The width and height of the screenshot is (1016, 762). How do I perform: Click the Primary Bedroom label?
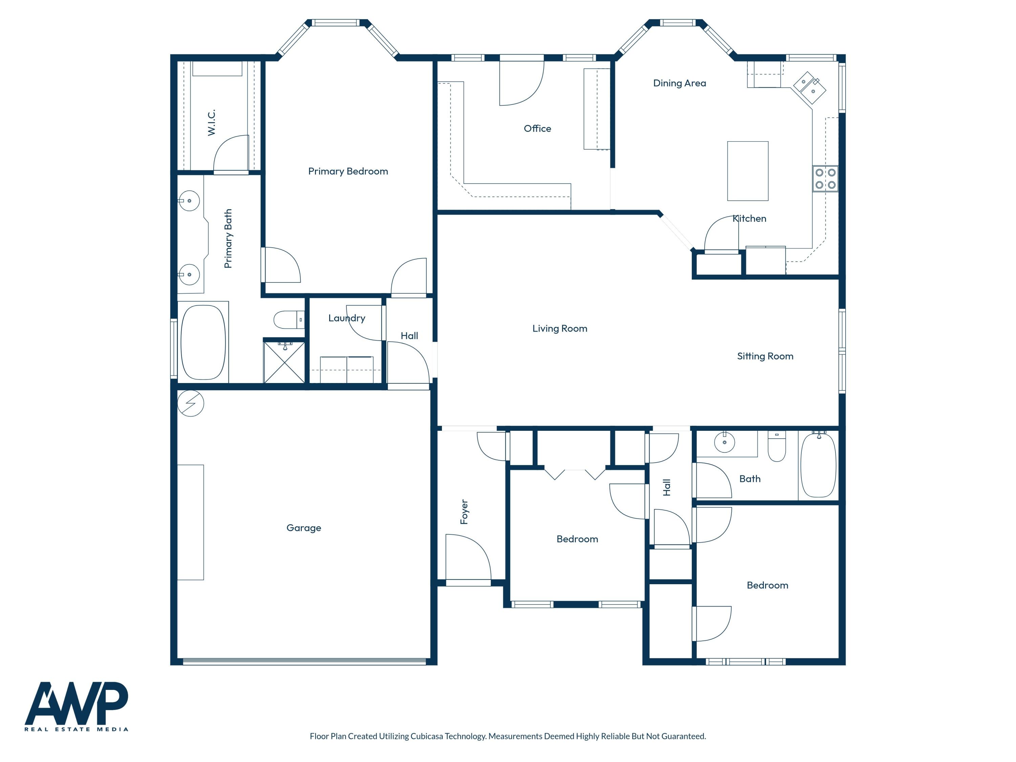point(348,171)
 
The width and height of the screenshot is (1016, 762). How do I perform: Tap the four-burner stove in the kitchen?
point(825,179)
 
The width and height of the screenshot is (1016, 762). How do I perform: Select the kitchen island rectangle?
point(747,171)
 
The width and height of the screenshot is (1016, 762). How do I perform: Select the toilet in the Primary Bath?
point(288,320)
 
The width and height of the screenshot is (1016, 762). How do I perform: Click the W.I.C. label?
point(211,123)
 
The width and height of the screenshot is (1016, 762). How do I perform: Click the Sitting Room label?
point(765,356)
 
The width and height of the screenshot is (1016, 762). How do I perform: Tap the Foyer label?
point(464,512)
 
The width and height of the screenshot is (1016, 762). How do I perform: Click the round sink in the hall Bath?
point(724,442)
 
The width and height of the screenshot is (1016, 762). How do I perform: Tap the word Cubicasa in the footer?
point(426,736)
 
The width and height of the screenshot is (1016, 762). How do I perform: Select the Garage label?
point(303,528)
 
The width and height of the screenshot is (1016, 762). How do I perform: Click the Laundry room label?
point(346,318)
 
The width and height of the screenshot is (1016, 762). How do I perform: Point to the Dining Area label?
point(679,83)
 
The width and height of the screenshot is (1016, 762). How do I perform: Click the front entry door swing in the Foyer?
point(466,558)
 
